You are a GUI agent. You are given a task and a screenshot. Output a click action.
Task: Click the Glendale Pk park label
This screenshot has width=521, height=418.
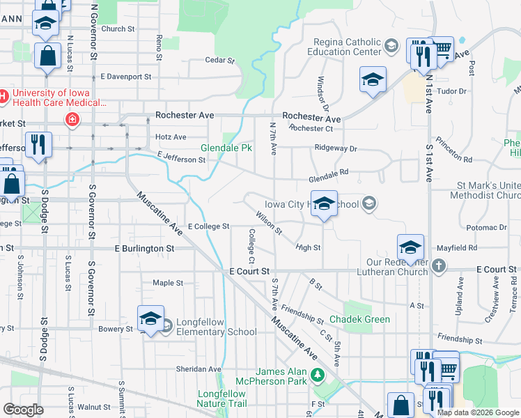point(226,148)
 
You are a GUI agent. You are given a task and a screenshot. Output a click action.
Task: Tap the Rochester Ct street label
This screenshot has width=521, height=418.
point(311,128)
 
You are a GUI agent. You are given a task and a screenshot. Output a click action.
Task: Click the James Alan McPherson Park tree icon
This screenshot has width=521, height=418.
point(318,376)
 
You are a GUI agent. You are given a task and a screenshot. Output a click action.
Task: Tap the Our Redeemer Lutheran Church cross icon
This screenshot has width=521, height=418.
point(438,265)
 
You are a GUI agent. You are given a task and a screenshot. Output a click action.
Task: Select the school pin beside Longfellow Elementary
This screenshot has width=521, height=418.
point(150,320)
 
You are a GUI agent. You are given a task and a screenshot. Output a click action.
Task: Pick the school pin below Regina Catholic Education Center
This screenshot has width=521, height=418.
point(373,80)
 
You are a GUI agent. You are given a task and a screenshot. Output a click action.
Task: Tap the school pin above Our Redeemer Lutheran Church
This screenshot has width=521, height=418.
point(410,248)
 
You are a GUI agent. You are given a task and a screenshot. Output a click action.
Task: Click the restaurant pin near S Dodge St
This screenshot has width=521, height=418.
point(37,146)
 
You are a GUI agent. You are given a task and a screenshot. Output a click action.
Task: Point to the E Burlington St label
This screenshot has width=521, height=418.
point(144,248)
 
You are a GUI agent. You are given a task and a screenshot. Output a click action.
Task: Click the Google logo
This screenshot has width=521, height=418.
point(23,410)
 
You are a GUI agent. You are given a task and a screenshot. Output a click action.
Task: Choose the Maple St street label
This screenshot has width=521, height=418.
point(168,283)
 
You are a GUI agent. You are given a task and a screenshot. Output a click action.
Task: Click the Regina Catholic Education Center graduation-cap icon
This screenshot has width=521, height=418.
point(391,47)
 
